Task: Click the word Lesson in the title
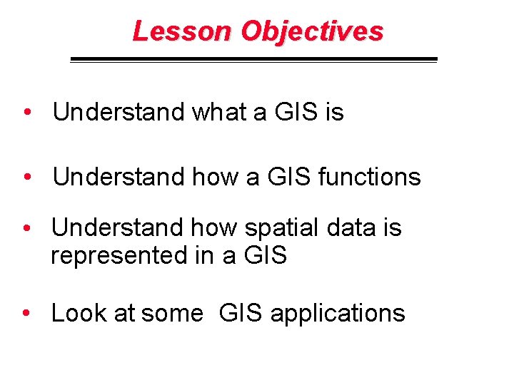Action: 183,31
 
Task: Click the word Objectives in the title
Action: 312,32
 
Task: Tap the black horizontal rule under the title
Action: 253,60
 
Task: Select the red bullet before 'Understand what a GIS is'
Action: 26,113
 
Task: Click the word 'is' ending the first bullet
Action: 333,112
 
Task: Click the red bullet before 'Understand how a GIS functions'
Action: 26,178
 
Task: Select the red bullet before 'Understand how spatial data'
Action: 26,229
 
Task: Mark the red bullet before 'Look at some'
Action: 26,314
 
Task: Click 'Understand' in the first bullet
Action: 119,112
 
